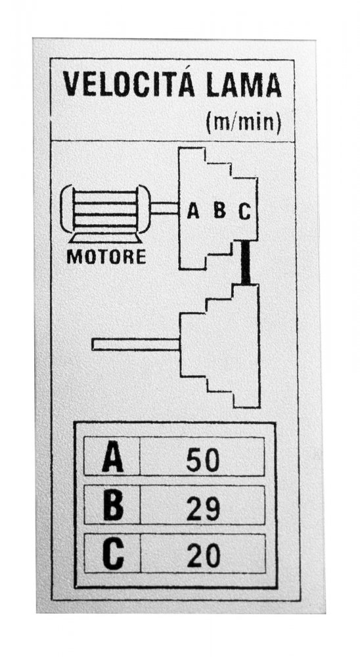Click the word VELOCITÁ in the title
coord(129,84)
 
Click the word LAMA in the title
coord(244,85)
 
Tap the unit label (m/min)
coord(243,122)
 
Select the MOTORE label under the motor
coord(106,256)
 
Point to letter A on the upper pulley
coord(192,210)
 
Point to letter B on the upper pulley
coord(219,210)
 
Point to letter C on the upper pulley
coord(244,211)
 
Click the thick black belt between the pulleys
coord(246,263)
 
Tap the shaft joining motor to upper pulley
coord(164,208)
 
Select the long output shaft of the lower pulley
coord(136,344)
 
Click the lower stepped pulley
coord(219,346)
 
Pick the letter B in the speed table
coord(113,505)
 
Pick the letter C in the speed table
coord(114,555)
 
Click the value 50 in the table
coord(203,460)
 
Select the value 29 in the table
coord(203,509)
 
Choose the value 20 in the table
coord(203,556)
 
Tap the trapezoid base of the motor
coord(105,238)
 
